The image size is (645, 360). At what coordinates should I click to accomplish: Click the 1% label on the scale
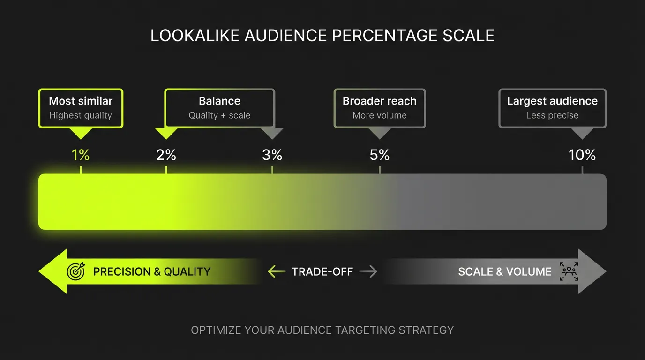81,155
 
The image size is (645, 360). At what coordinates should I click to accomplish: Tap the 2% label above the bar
166,155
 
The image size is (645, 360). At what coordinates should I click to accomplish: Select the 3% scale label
272,155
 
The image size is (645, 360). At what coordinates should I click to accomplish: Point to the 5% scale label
379,155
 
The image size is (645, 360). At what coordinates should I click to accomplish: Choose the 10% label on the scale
582,155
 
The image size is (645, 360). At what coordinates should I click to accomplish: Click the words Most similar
81,101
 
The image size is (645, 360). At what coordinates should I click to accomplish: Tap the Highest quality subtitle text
81,115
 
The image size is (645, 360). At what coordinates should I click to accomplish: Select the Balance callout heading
219,101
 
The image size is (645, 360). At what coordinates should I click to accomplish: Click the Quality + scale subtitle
219,115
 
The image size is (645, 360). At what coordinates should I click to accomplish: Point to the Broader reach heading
379,101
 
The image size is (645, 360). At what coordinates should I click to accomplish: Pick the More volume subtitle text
379,115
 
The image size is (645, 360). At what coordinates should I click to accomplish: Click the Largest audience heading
552,101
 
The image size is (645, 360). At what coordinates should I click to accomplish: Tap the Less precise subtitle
552,115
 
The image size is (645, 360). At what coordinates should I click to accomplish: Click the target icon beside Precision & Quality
76,271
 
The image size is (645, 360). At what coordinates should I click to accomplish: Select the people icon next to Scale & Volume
569,271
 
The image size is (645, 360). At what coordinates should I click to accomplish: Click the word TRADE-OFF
322,271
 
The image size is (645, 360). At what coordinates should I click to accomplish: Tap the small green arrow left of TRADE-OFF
277,271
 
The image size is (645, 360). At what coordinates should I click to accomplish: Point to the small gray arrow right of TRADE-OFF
368,271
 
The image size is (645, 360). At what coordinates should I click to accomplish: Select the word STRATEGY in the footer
426,330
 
